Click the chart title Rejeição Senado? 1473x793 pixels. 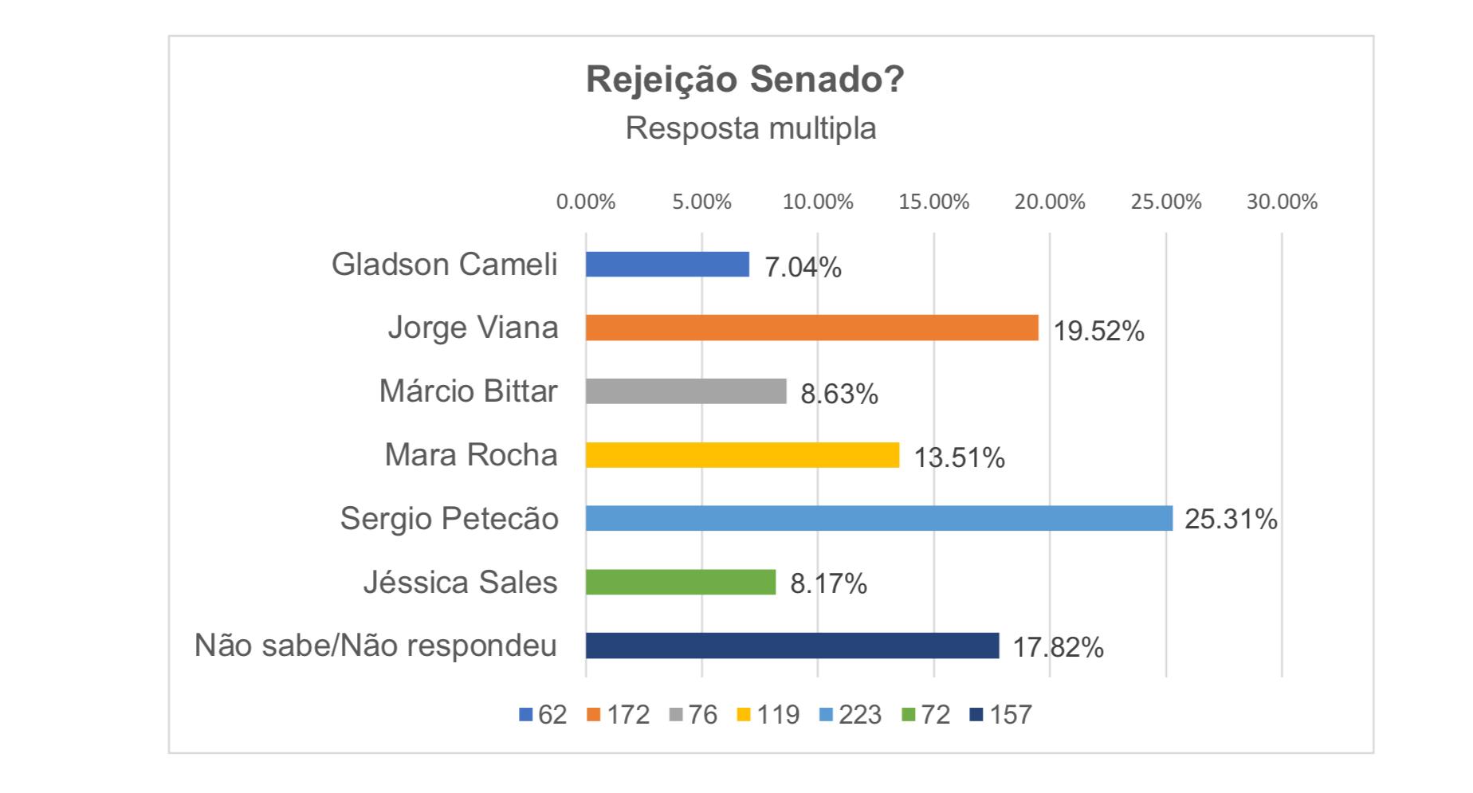[x=745, y=80]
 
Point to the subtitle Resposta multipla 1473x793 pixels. [x=750, y=128]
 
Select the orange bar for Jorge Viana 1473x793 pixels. [x=811, y=328]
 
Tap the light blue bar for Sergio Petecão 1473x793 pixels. [x=878, y=518]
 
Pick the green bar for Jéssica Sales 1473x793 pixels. [x=680, y=582]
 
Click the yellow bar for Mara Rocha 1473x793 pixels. [x=742, y=455]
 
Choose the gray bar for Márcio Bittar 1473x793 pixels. [x=685, y=391]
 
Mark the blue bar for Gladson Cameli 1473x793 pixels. [x=667, y=264]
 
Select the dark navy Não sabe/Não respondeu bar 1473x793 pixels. [x=791, y=646]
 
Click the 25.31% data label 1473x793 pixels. [x=1231, y=520]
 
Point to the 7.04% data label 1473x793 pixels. [x=803, y=268]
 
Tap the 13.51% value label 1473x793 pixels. [x=959, y=458]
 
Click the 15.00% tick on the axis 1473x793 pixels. [x=933, y=202]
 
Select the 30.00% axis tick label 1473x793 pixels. [x=1282, y=202]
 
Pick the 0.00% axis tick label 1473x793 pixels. [x=586, y=202]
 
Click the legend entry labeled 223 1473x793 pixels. [x=850, y=715]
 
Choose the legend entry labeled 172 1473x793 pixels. [x=619, y=715]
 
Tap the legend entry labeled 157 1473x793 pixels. [x=1001, y=715]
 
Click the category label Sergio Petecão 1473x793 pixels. [x=450, y=519]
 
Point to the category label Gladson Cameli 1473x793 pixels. [x=444, y=265]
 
